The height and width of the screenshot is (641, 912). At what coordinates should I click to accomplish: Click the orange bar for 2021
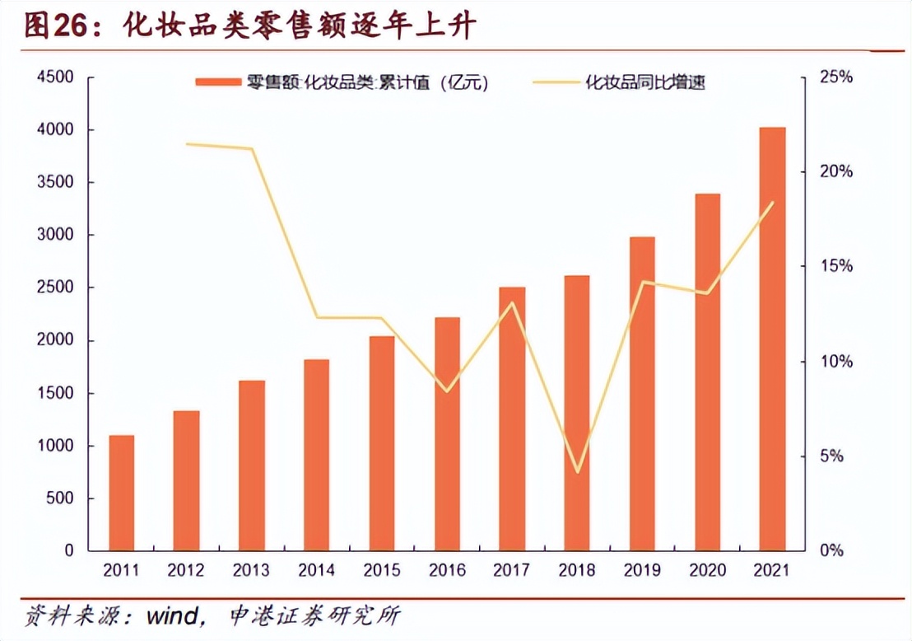772,339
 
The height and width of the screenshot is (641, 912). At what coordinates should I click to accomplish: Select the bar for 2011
121,493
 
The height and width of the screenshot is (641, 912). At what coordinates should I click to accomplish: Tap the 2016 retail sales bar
447,433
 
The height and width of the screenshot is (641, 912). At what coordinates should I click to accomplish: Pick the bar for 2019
642,394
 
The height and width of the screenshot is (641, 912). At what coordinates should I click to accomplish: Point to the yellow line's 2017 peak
512,302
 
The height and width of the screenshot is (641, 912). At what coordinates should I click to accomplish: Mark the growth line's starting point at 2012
187,144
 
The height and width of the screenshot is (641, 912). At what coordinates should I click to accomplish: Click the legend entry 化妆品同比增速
644,82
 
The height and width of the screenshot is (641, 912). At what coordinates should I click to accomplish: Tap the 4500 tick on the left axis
55,77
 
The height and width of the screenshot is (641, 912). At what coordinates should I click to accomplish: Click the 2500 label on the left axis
55,288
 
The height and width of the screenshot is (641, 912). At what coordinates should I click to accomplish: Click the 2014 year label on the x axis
316,570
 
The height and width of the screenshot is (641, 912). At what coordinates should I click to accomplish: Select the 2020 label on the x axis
707,570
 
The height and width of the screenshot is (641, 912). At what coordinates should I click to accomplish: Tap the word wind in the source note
173,615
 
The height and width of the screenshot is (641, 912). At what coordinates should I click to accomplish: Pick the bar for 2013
251,466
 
